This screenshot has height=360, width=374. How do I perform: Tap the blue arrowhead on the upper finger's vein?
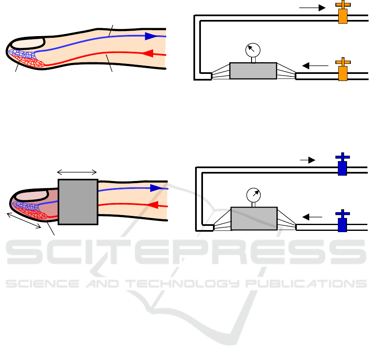tap(151, 36)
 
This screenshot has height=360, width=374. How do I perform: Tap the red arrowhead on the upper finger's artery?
tap(148, 53)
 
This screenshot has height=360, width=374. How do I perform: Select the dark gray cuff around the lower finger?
tap(78, 202)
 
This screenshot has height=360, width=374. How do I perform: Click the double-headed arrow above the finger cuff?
tap(77, 172)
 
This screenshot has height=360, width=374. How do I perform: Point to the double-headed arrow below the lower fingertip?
tap(24, 220)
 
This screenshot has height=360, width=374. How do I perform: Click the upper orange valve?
tap(343, 12)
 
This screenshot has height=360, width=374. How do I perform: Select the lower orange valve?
tap(343, 70)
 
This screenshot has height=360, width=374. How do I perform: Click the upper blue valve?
tap(342, 164)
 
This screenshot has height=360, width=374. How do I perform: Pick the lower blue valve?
tap(342, 221)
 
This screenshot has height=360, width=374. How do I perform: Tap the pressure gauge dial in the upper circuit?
tap(253, 50)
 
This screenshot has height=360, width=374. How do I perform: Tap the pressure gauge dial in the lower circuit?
tap(254, 195)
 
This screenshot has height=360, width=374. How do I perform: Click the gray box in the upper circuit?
tap(253, 71)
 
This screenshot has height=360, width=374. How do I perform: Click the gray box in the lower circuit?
tap(254, 218)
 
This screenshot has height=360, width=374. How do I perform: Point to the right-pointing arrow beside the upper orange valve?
tap(313, 8)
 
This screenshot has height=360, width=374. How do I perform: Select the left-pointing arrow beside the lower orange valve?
tap(315, 66)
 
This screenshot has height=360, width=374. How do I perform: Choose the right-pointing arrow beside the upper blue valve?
tap(308, 160)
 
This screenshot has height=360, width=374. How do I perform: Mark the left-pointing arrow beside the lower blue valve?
tap(312, 217)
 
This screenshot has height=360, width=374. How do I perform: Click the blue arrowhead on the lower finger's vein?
tap(156, 188)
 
